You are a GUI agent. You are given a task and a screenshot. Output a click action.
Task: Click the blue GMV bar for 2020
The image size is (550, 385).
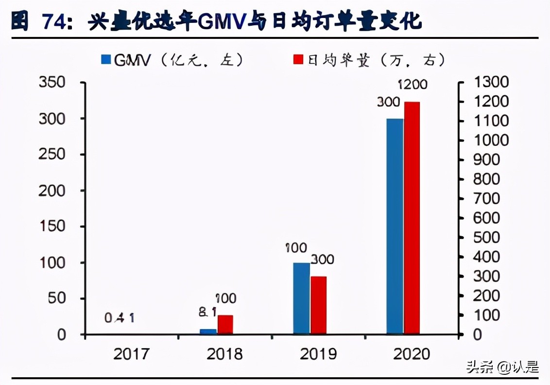tap(395, 227)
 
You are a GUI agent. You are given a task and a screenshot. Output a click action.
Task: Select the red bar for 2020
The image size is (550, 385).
tap(412, 218)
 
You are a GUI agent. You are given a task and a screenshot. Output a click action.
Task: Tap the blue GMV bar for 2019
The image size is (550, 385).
tap(301, 298)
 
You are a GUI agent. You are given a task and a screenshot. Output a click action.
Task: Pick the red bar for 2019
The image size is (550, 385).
tap(318, 305)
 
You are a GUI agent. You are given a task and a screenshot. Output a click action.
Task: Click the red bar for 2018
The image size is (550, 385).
tap(225, 325)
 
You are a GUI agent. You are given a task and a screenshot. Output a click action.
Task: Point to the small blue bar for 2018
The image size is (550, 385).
tap(208, 332)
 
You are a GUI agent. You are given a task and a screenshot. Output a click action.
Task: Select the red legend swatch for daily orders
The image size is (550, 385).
tap(298, 60)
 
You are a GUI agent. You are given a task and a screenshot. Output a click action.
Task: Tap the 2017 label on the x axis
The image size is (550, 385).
tap(131, 354)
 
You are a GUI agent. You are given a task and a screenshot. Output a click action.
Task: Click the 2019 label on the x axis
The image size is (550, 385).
tap(318, 354)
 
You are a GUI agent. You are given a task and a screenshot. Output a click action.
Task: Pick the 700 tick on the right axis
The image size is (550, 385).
tap(486, 198)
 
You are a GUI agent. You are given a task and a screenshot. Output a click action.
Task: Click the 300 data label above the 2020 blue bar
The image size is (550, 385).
tap(388, 103)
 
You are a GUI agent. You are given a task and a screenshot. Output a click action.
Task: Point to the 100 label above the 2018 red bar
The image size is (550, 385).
tap(225, 298)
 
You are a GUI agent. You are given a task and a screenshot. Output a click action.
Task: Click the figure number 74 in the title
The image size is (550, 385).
tap(55, 21)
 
